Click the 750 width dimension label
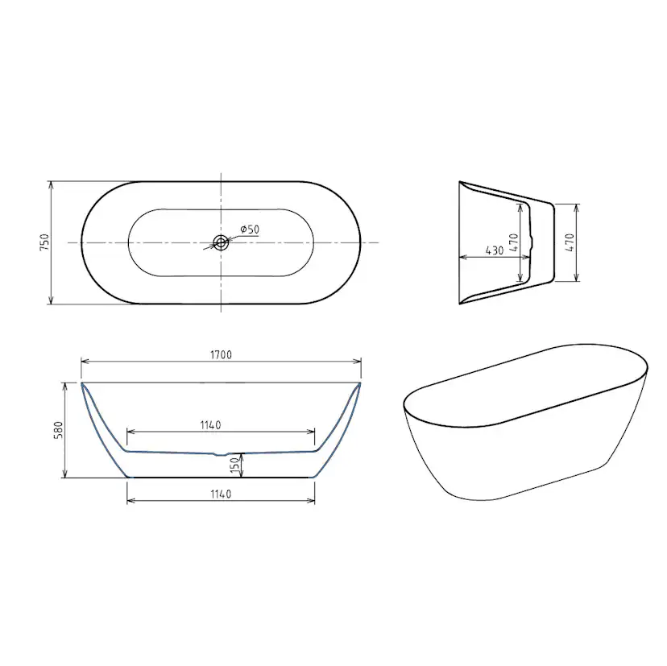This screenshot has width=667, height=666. (x=45, y=242)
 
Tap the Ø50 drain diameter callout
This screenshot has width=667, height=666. (x=250, y=230)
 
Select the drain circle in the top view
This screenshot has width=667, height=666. (x=221, y=243)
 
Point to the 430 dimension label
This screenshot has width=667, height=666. (x=495, y=251)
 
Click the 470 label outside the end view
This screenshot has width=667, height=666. (x=570, y=242)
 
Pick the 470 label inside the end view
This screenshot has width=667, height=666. (x=513, y=242)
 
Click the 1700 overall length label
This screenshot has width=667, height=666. (x=222, y=354)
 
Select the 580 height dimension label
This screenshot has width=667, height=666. (x=58, y=430)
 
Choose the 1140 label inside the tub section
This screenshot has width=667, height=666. (x=210, y=425)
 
